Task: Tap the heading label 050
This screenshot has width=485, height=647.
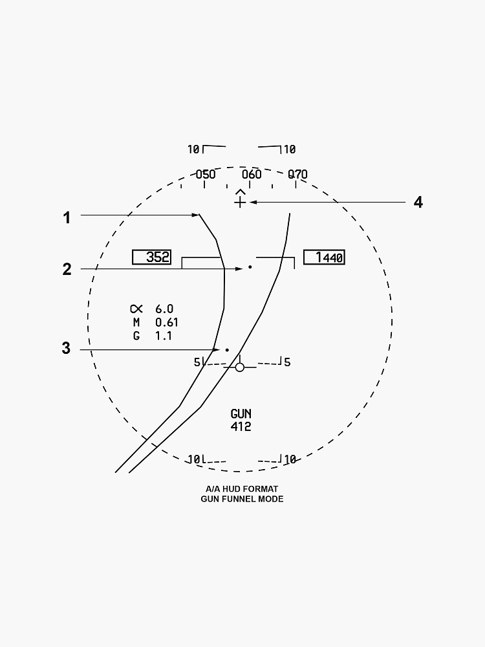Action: coord(206,175)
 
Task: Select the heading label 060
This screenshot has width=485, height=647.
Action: coord(252,175)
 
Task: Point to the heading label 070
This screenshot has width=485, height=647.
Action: coord(297,175)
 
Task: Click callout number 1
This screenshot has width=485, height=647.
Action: coord(67,217)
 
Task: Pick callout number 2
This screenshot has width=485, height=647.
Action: coord(67,269)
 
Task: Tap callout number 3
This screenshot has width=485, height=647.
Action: coord(66,348)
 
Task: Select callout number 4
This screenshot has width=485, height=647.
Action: coord(418,203)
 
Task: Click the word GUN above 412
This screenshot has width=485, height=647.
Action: coord(241,414)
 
